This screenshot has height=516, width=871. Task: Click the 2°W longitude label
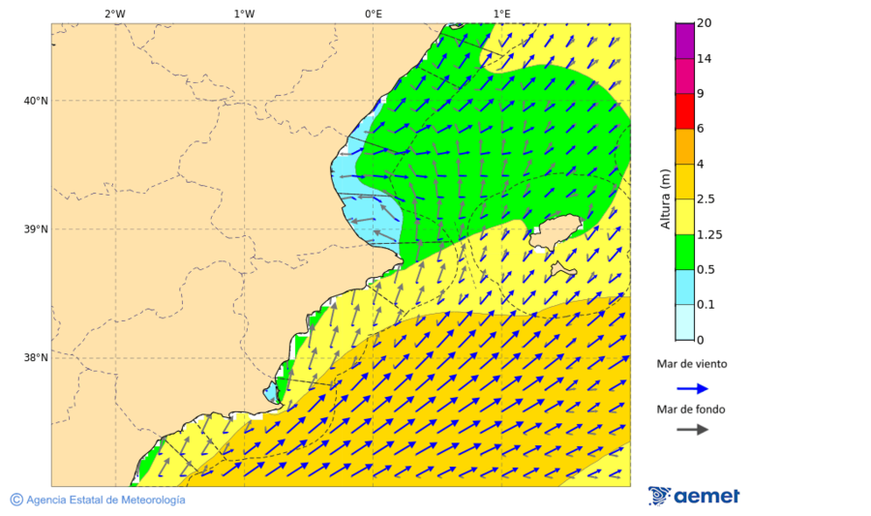(114, 14)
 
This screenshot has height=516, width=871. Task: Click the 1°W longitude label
(244, 14)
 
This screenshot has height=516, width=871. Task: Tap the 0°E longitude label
(373, 14)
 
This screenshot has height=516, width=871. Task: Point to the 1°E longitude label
(502, 14)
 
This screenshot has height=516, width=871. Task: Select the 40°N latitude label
(36, 101)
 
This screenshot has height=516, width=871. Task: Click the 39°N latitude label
(36, 229)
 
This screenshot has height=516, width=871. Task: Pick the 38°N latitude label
(36, 358)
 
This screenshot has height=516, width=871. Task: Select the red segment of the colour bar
(684, 111)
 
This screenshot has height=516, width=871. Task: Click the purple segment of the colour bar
(684, 41)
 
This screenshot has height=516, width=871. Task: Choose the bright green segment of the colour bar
(684, 252)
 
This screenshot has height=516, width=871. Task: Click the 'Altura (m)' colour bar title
(665, 198)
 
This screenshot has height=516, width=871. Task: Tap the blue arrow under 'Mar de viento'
(692, 388)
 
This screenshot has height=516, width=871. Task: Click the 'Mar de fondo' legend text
(691, 410)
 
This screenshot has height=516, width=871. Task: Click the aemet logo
(694, 496)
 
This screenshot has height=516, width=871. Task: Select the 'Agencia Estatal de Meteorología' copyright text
(98, 500)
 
